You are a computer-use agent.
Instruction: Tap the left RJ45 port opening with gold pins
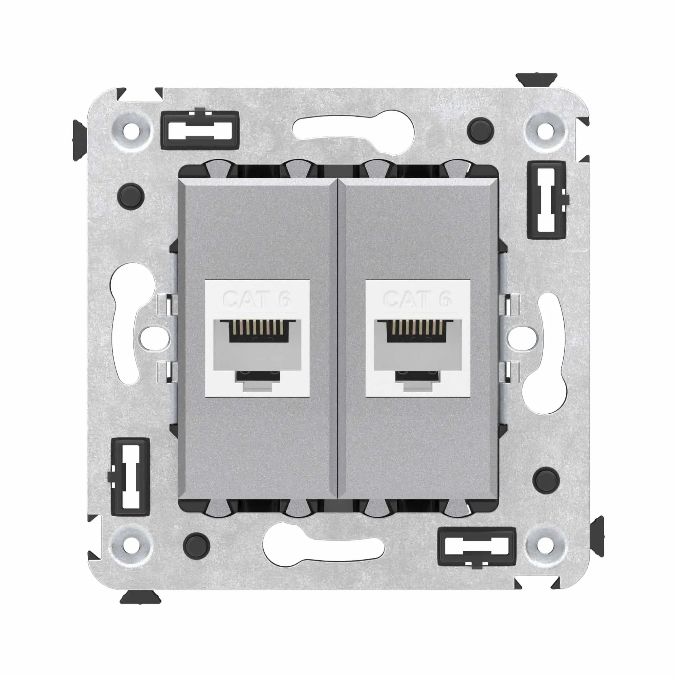click(257, 331)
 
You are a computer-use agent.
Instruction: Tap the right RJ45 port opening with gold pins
click(418, 331)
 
